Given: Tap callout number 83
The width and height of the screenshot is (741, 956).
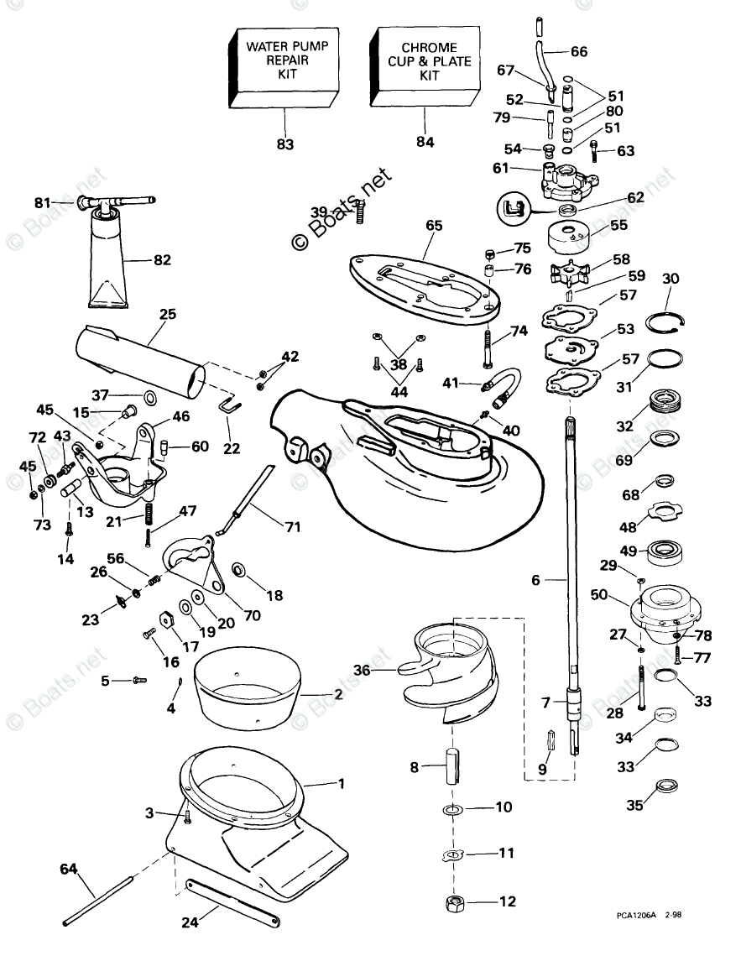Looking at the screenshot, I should pos(285,144).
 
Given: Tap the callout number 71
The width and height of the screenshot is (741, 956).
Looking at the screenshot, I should pos(291,528).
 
